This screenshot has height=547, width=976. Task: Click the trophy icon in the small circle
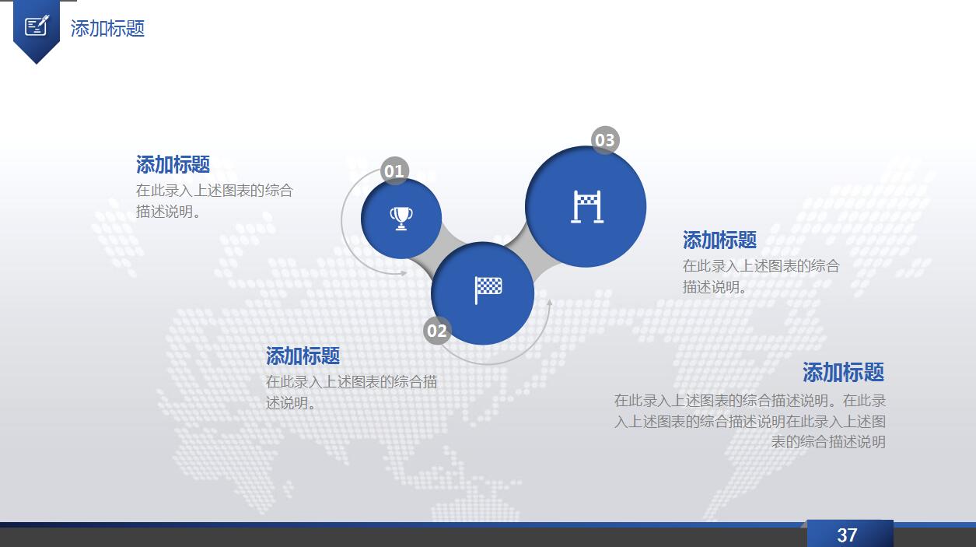tap(401, 218)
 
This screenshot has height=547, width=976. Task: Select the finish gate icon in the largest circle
tap(587, 207)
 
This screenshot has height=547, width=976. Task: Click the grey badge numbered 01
tap(394, 171)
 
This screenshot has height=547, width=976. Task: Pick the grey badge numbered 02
tap(437, 331)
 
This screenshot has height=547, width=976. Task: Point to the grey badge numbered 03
tap(605, 140)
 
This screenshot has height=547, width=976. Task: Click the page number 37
tap(847, 535)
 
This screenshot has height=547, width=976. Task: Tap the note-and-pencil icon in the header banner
tap(37, 26)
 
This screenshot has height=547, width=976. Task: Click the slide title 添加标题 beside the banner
tap(107, 28)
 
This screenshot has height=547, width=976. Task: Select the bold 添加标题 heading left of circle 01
tap(173, 164)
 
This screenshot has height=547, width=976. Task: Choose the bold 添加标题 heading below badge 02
tap(303, 356)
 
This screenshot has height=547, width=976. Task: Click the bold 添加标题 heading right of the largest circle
tap(720, 240)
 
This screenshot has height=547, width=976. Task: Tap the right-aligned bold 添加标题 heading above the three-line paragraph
tap(844, 372)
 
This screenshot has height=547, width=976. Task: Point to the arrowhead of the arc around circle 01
tap(404, 273)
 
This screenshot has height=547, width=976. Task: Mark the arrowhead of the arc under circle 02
tap(549, 302)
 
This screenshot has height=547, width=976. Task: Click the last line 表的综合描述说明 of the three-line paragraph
tap(828, 442)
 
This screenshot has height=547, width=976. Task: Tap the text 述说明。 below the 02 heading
tap(290, 403)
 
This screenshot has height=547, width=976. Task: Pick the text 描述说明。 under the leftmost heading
tap(168, 212)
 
